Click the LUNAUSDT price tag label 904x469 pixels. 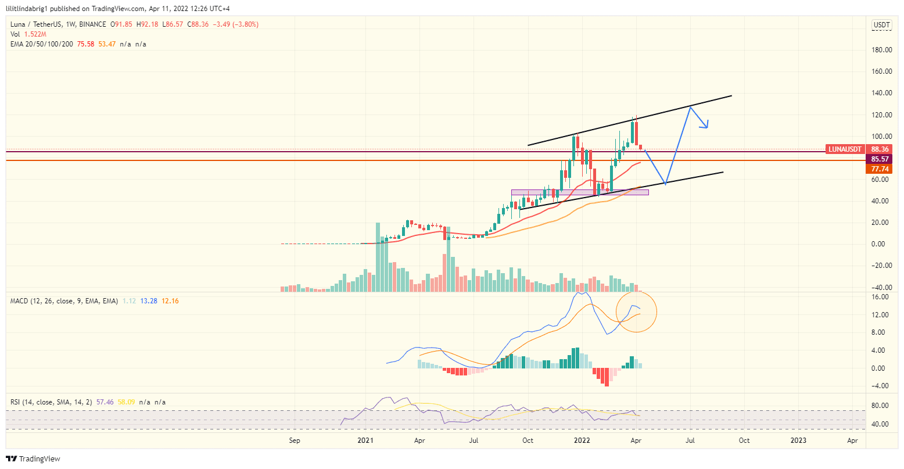pos(845,149)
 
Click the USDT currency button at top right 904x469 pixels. pos(881,25)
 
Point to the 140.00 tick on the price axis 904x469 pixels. pos(881,93)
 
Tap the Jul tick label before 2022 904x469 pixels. pos(474,441)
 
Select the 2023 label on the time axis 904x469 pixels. pos(798,441)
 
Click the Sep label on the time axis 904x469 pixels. pos(295,441)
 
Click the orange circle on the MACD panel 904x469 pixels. pos(636,312)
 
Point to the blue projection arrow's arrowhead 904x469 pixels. pos(706,126)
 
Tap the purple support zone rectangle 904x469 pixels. pos(579,192)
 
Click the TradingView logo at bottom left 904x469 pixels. pos(34,459)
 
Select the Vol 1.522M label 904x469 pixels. pos(27,34)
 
